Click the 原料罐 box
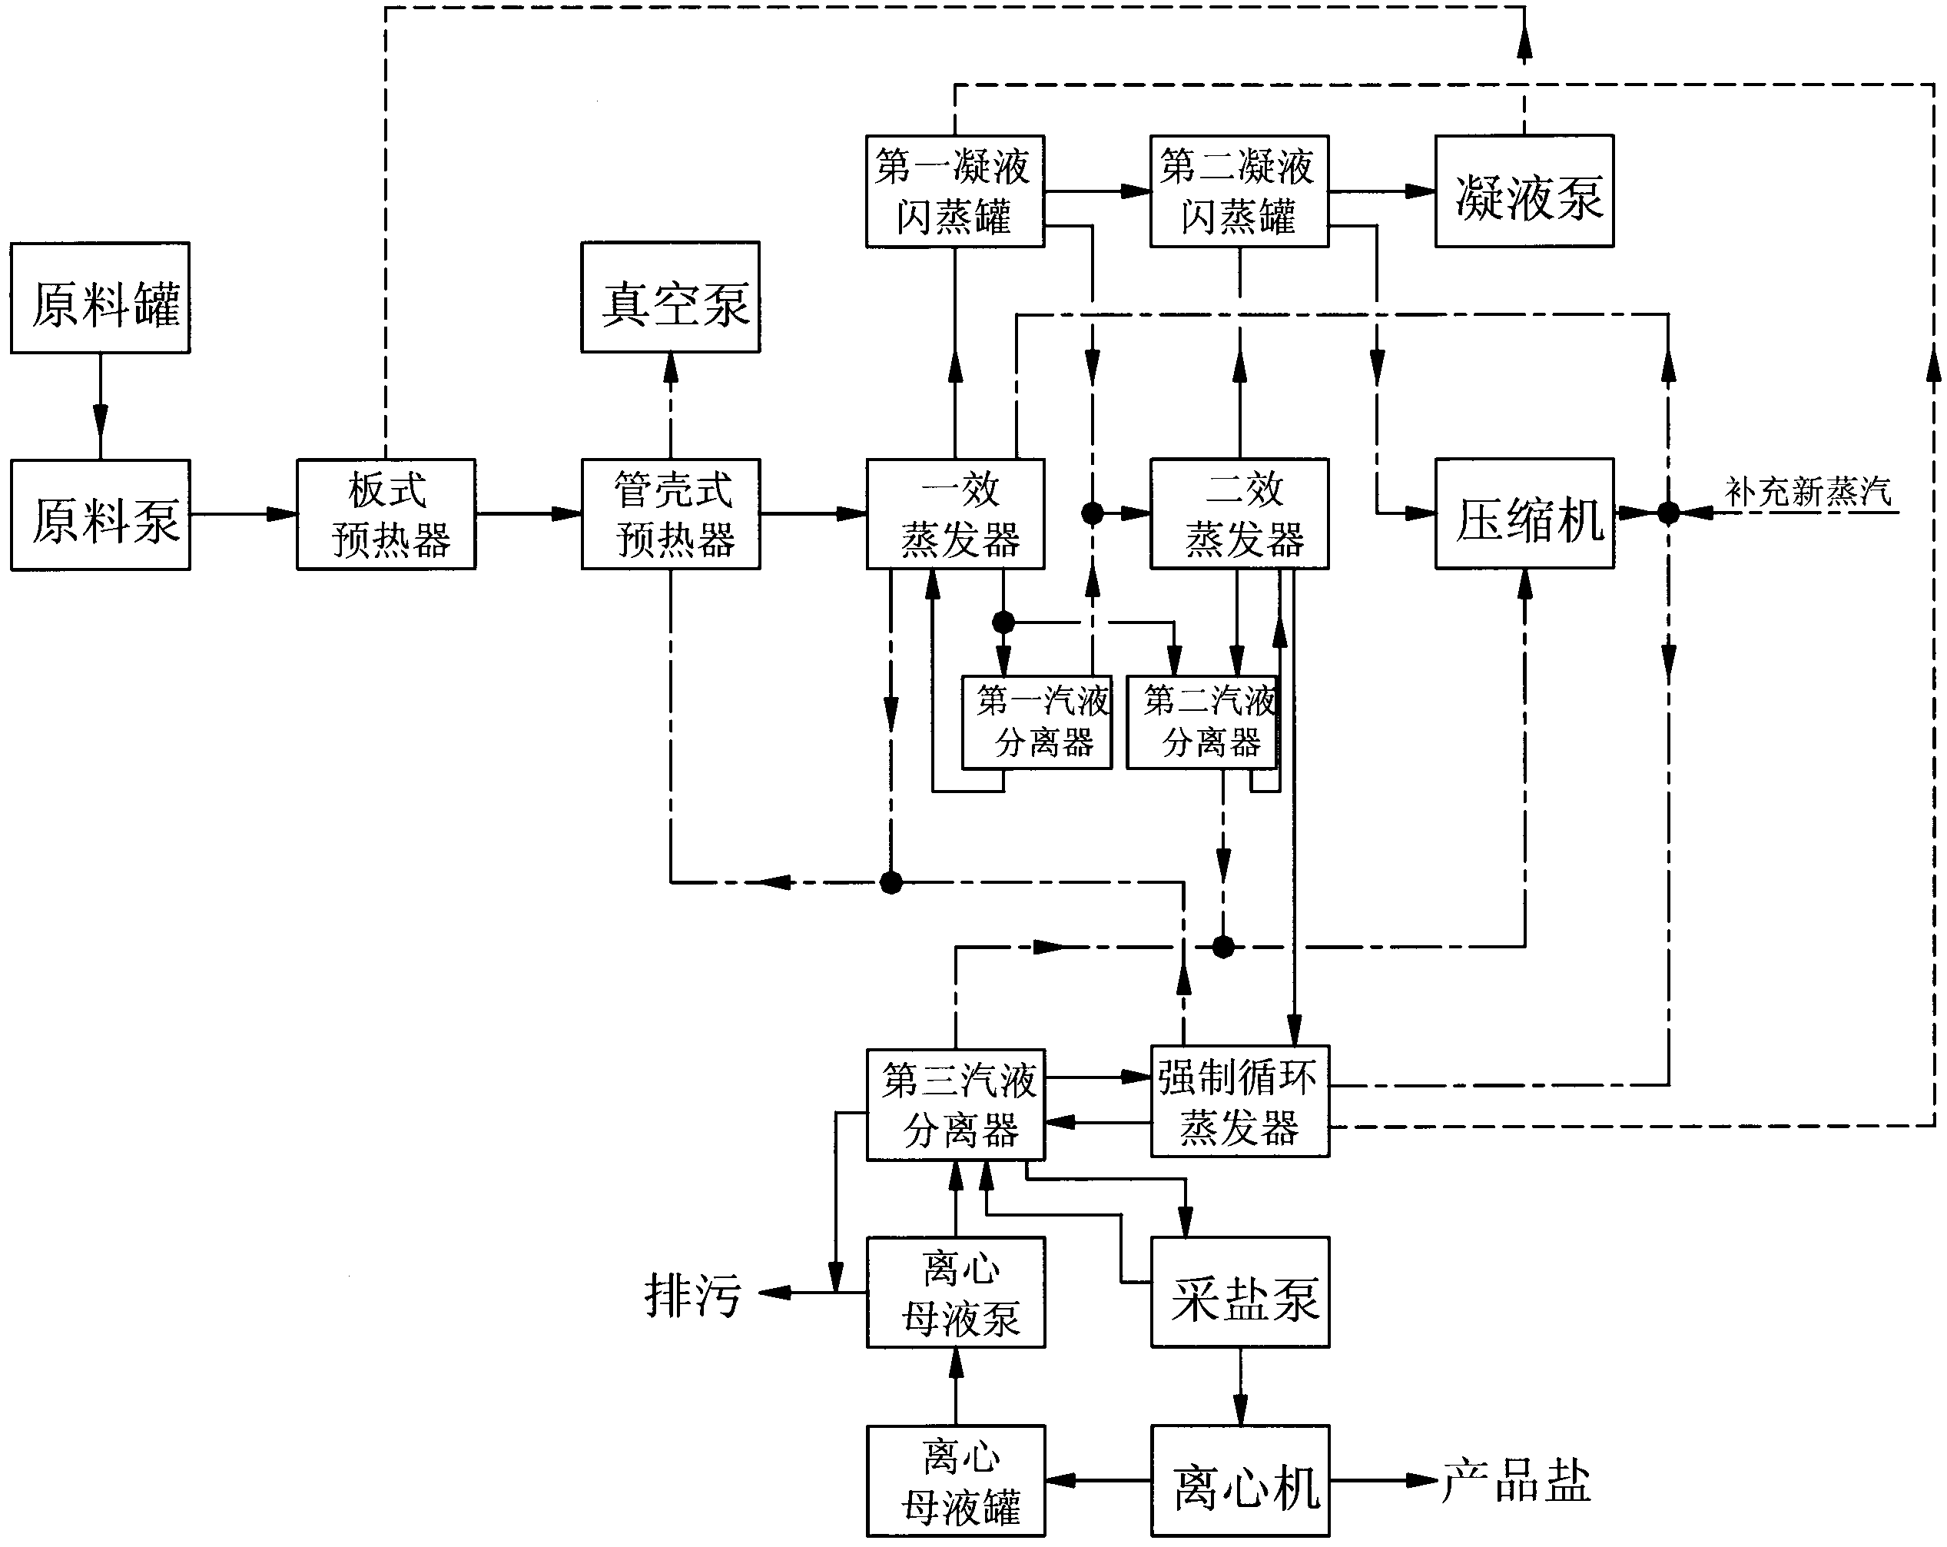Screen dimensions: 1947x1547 [100, 297]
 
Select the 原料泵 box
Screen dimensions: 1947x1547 [100, 515]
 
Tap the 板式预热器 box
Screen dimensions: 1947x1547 [386, 515]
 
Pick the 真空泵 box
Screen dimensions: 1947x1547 [670, 297]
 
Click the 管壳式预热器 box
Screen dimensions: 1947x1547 [671, 515]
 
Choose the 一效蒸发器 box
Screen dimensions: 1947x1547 [955, 515]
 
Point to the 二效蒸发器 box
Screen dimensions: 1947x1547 [1239, 515]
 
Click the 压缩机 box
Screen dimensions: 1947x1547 [1524, 515]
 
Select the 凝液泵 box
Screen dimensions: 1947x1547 [1524, 191]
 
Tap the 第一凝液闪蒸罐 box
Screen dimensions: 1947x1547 [955, 191]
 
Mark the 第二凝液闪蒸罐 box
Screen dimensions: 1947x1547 [1239, 191]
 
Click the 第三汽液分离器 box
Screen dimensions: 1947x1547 [955, 1104]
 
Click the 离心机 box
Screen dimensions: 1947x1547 [1240, 1481]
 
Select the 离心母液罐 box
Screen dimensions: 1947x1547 [955, 1481]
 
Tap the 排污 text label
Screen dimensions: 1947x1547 [692, 1295]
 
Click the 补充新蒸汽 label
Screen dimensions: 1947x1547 [1808, 492]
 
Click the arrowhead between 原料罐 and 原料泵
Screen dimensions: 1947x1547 [100, 421]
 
